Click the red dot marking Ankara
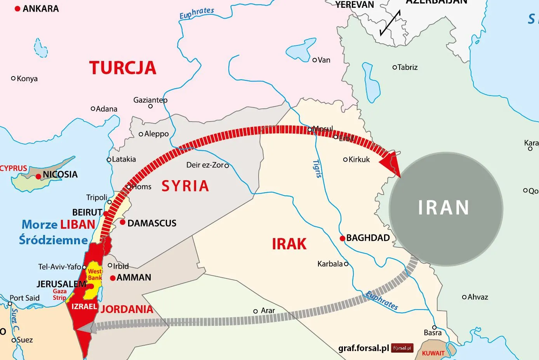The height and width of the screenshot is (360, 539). (17, 9)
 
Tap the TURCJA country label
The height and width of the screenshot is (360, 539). (123, 68)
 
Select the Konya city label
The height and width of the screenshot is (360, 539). (27, 78)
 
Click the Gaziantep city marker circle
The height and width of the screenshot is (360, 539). (151, 106)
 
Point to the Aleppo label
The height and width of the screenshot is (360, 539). (156, 134)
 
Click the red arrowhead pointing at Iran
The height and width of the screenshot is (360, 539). (390, 163)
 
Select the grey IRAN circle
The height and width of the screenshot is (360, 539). (445, 209)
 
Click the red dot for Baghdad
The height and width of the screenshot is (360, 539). (342, 238)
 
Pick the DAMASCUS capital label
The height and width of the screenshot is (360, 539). (152, 223)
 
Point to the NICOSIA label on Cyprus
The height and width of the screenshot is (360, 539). (60, 174)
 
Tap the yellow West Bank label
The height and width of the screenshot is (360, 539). (95, 275)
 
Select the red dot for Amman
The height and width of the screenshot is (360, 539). (113, 278)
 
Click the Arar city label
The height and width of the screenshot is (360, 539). (268, 311)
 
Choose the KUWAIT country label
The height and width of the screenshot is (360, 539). (433, 353)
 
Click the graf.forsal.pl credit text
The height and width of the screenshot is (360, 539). (363, 348)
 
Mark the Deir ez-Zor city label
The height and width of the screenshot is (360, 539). (205, 165)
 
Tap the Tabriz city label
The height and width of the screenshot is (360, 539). (407, 67)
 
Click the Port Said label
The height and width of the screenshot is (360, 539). (24, 298)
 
